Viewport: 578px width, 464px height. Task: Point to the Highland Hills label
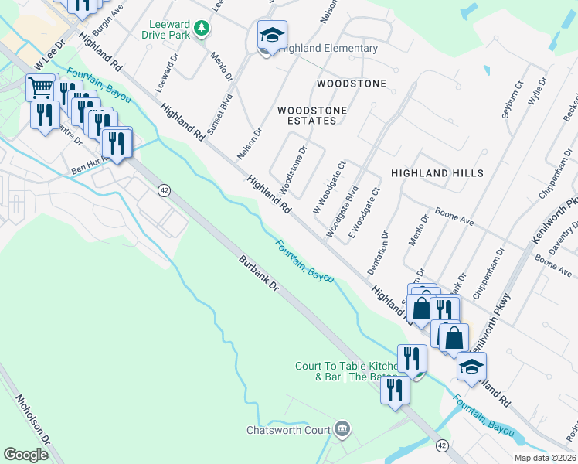coord(437,173)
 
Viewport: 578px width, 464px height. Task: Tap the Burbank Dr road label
coord(258,275)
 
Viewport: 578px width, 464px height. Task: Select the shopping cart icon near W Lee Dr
coord(42,86)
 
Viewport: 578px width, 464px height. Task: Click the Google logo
coord(25,455)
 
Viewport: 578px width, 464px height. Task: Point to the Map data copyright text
coord(545,458)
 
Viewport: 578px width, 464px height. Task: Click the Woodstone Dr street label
coord(294,169)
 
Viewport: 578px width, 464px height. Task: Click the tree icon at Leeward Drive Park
coord(202,29)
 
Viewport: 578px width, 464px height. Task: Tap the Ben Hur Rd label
coord(87,169)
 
